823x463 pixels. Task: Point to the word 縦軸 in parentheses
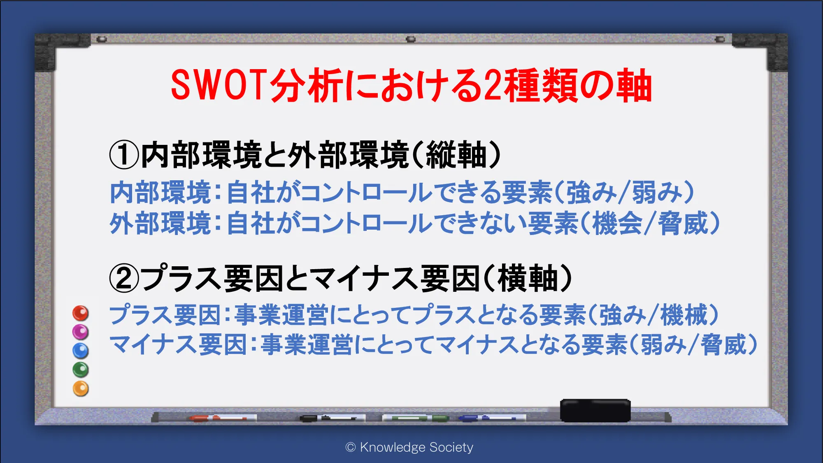(x=456, y=155)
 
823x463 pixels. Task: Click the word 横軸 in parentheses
(x=528, y=278)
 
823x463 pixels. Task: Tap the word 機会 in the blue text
(x=617, y=223)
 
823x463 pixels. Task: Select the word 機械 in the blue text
(x=684, y=315)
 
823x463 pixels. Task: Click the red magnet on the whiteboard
(x=81, y=313)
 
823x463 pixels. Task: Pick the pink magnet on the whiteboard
(x=81, y=332)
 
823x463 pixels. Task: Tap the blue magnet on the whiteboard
(x=81, y=351)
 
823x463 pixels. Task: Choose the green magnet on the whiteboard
(x=81, y=370)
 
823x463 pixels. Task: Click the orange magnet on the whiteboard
(x=81, y=389)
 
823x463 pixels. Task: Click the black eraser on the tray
(x=595, y=410)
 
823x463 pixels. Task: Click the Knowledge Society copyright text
(x=409, y=447)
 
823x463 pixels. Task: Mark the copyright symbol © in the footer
(x=351, y=447)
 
